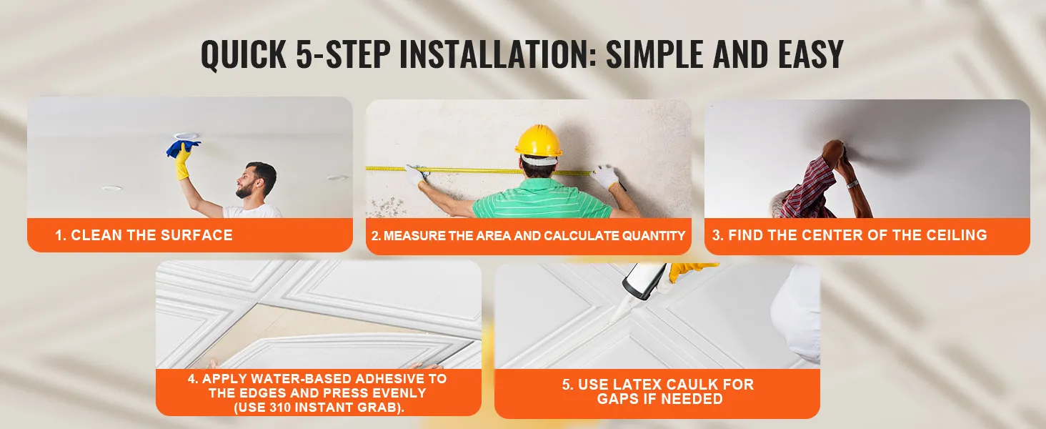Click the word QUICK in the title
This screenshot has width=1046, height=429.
click(244, 55)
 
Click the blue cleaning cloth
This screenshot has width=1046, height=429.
click(183, 148)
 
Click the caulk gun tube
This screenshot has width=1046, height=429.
click(644, 280)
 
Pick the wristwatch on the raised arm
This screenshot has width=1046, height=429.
click(852, 184)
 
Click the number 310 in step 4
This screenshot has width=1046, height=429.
click(280, 407)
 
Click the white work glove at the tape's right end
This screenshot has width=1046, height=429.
click(606, 177)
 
